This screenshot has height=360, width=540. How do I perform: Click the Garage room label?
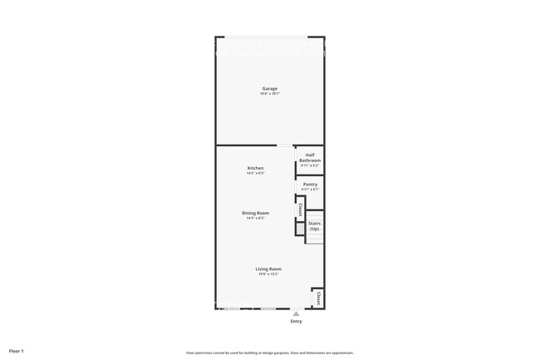270,89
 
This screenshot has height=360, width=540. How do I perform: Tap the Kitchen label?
256,168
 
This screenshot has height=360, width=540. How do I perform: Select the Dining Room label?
256,213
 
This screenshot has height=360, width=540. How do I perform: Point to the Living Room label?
268,269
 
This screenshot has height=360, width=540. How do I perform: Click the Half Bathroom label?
310,157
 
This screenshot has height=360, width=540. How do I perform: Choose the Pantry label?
310,185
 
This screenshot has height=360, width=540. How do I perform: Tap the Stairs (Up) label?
314,225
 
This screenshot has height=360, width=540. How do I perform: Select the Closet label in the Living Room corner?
317,298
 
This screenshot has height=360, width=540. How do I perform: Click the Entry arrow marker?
296,313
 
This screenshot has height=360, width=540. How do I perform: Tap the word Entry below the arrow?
296,321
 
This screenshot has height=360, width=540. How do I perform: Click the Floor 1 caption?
17,352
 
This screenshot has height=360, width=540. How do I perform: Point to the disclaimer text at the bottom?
270,353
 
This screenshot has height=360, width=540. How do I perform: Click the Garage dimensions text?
270,94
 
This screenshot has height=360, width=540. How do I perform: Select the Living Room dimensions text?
268,274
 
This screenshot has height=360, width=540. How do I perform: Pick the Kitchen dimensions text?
256,173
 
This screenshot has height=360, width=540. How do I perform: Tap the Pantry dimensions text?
310,190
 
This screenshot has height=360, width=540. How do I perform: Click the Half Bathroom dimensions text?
310,165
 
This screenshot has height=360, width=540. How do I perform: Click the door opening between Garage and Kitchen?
285,146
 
